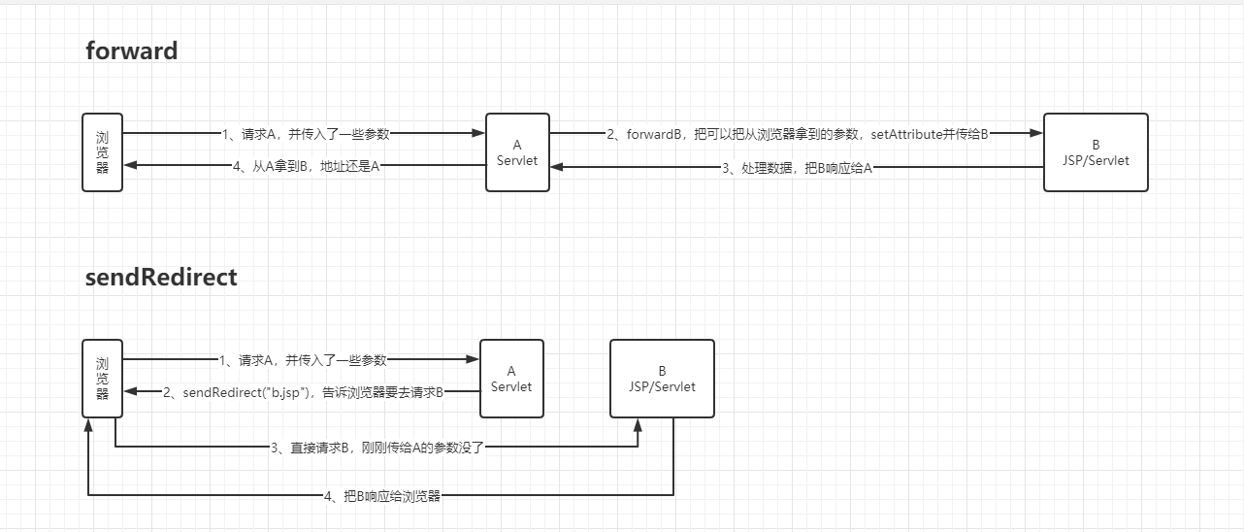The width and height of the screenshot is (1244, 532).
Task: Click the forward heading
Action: coord(132,50)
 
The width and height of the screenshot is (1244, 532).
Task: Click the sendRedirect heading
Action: coord(161,277)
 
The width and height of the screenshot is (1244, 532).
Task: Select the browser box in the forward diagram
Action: coord(102,152)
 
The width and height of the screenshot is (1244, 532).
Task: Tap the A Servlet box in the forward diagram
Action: coord(517,152)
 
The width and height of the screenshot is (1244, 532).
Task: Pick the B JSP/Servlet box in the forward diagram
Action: coord(1096,152)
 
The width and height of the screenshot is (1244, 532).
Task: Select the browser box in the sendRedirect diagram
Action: coord(102,378)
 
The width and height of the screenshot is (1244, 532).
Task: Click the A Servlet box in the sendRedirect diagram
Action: coord(511,379)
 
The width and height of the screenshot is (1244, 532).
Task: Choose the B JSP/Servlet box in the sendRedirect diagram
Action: coord(662,379)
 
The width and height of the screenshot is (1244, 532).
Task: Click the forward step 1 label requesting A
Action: coord(305,134)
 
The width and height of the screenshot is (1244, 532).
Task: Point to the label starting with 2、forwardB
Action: coord(797,134)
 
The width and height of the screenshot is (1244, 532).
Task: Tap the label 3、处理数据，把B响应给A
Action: coord(797,168)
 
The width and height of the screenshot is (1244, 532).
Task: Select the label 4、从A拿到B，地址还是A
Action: coord(305,166)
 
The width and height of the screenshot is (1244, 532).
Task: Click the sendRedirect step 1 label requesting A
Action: coord(302,360)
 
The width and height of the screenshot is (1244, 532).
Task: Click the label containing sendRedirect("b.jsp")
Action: coord(302,392)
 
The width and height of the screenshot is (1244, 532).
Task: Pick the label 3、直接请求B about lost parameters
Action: coord(376,448)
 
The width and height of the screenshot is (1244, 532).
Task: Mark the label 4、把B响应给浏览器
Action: coord(381,496)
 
